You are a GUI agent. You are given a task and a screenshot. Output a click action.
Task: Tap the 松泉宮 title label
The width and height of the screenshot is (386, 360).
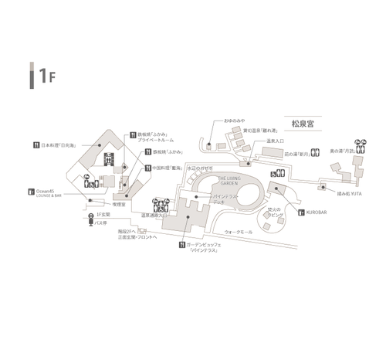pos(296,122)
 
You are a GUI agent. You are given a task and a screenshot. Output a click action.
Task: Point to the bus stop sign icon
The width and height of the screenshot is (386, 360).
pos(91,222)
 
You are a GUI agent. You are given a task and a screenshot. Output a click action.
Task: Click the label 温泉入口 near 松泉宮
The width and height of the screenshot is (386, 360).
pos(277,142)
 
